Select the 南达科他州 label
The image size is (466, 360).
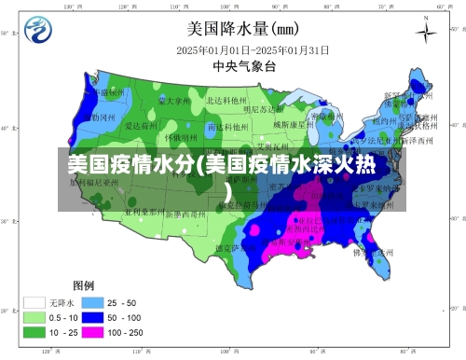point(227,125)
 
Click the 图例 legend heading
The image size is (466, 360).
point(84,284)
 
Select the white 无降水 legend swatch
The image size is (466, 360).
point(35,302)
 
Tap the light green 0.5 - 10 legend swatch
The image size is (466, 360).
point(35,317)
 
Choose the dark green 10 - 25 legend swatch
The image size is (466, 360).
point(35,331)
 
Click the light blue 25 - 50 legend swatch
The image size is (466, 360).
point(91,302)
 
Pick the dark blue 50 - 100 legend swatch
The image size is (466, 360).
point(91,317)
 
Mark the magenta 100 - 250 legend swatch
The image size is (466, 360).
point(91,331)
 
